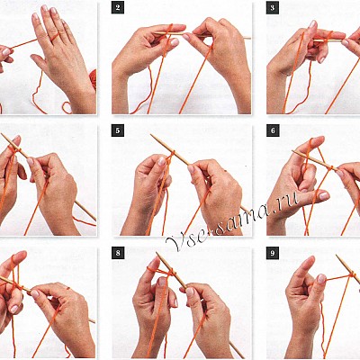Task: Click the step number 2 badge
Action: (x=118, y=8)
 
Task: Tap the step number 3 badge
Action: (x=273, y=8)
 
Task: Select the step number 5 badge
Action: (x=118, y=130)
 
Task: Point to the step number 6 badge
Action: (x=273, y=130)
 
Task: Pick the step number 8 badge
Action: (x=118, y=253)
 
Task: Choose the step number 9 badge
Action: (x=273, y=253)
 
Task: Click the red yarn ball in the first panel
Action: (x=93, y=78)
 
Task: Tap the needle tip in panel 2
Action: (x=249, y=38)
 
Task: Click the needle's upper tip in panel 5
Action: (x=151, y=135)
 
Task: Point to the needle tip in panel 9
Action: (x=337, y=256)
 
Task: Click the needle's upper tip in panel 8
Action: (x=157, y=254)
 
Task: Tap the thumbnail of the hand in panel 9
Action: (x=321, y=278)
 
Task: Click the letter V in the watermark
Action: (x=174, y=242)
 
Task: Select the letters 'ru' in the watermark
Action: (x=290, y=201)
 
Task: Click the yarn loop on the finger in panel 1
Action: (x=55, y=37)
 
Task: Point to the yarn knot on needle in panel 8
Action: (x=170, y=273)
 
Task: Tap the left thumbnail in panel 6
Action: (x=324, y=196)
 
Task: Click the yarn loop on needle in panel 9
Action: (x=352, y=274)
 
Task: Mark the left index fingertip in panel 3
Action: (x=312, y=24)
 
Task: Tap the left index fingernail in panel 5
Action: (x=162, y=161)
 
